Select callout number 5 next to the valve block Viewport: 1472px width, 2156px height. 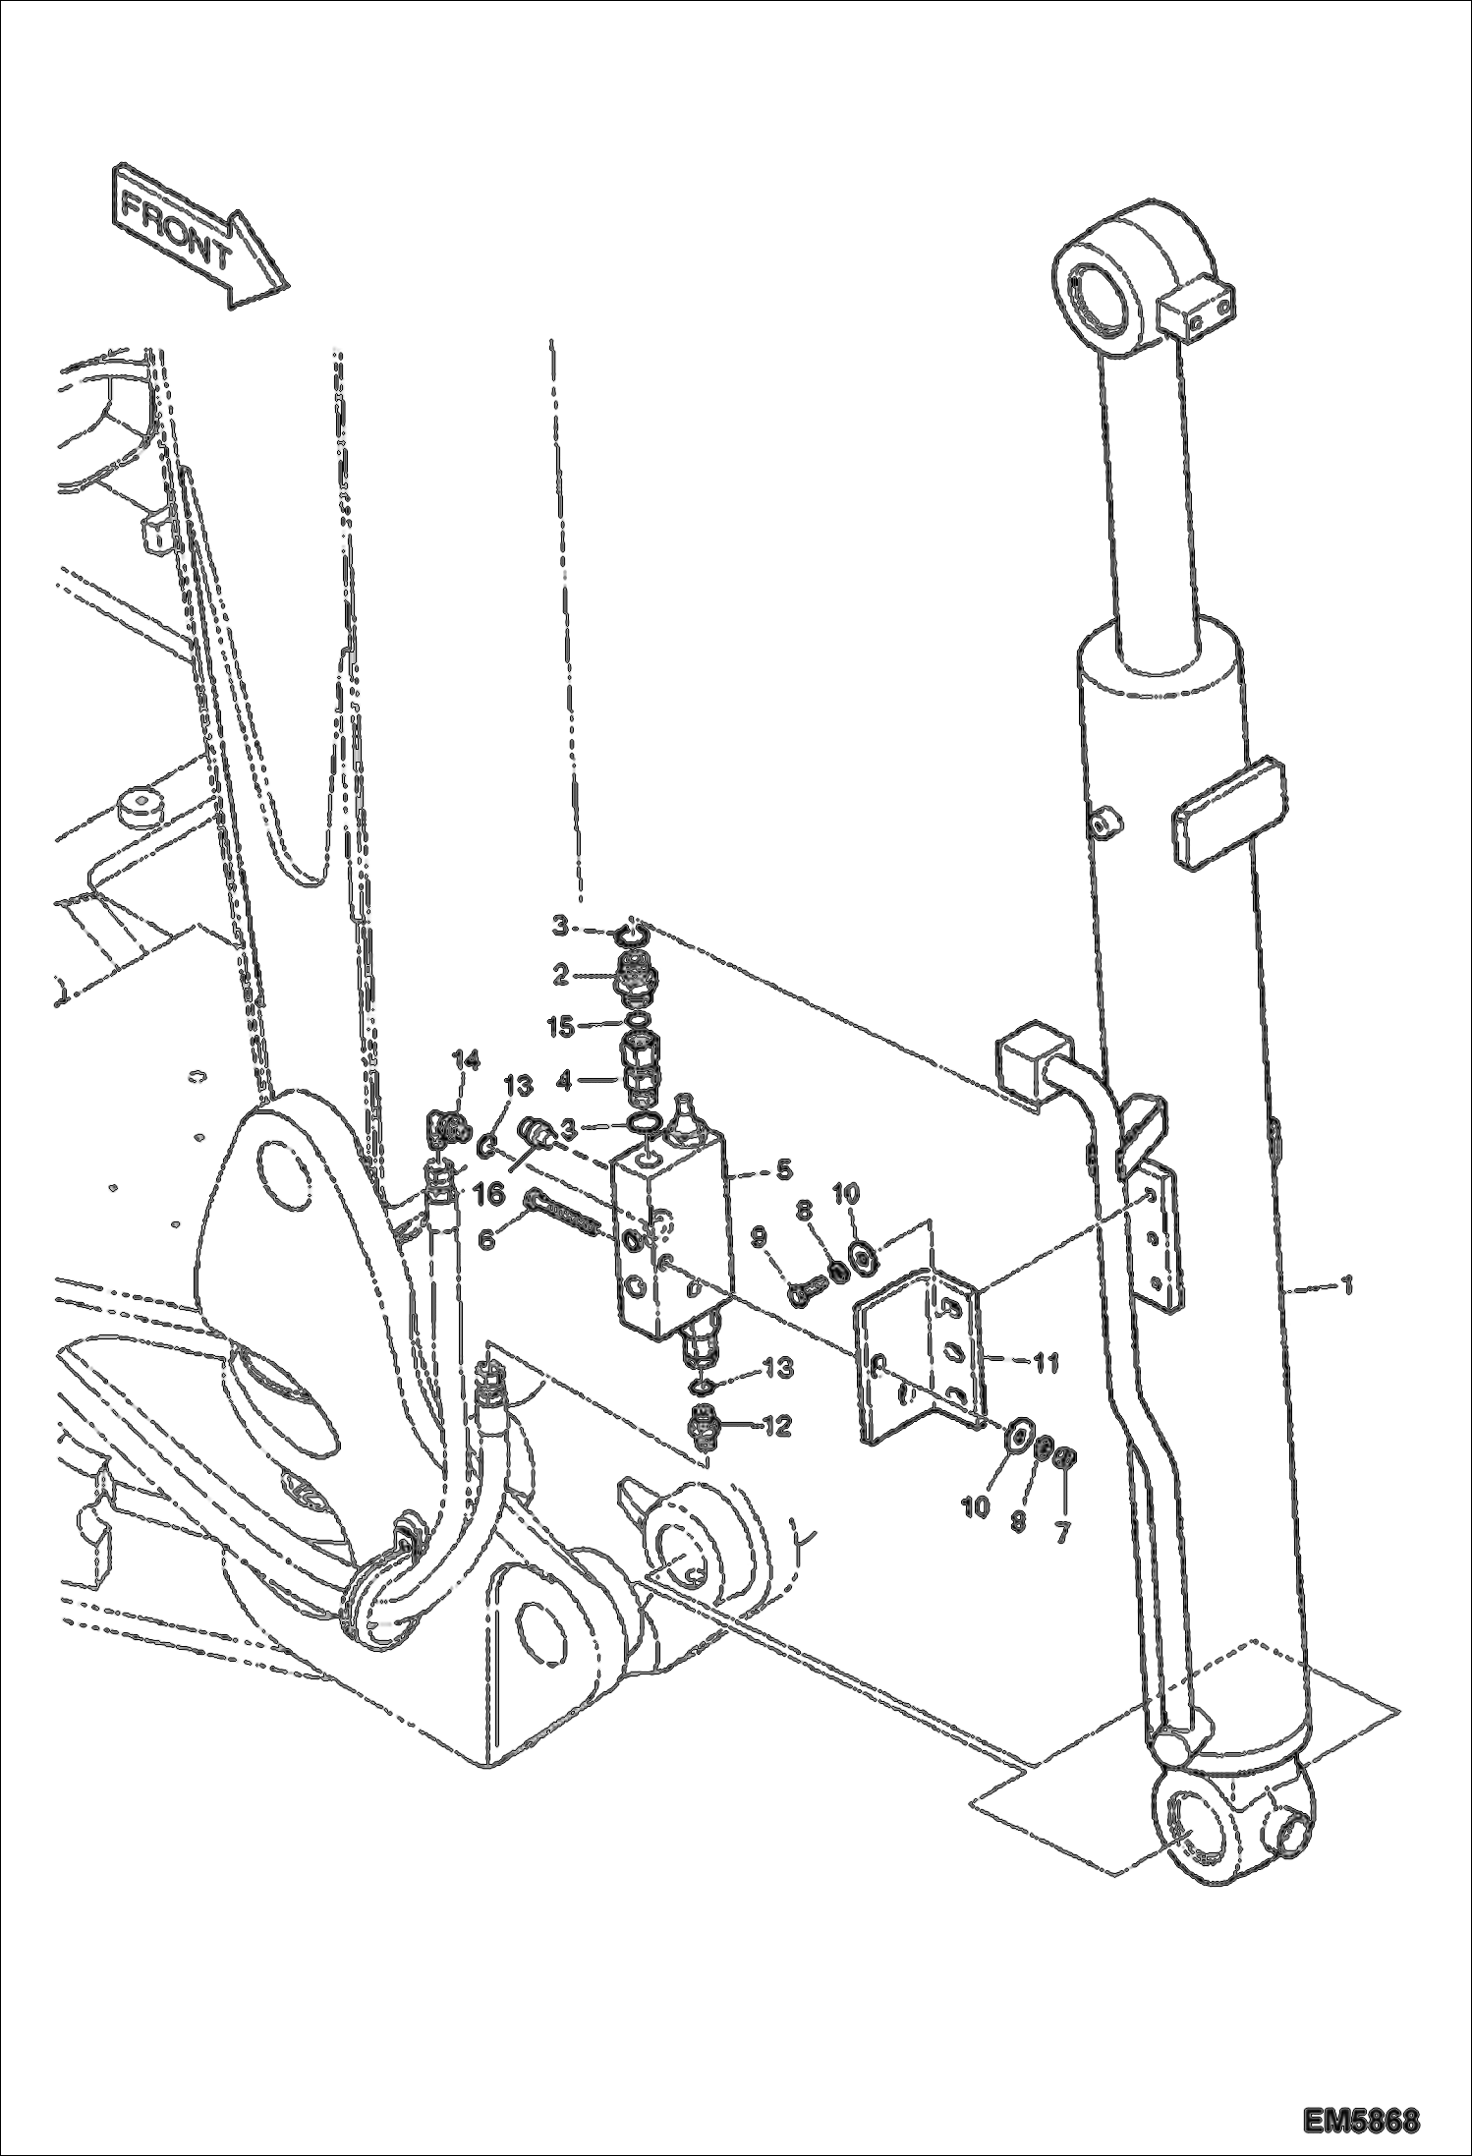(783, 1169)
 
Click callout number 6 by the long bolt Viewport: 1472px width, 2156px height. (485, 1241)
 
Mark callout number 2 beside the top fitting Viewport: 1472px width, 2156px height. (561, 975)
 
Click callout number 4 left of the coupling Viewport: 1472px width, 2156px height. (563, 1081)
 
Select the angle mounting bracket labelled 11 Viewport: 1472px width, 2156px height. (919, 1361)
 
